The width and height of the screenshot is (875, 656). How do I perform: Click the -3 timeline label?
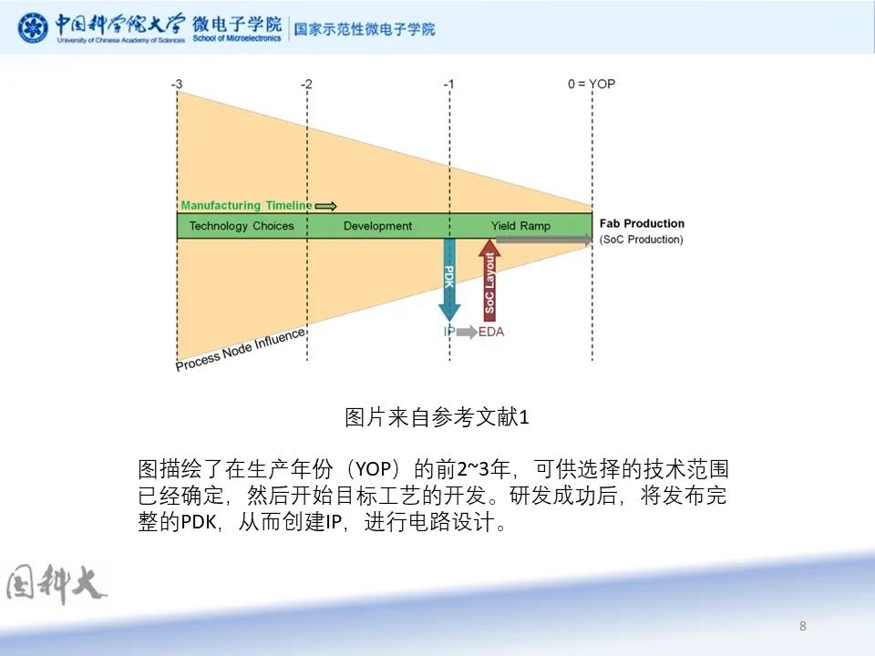pos(176,84)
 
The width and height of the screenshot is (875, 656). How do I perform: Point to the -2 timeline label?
pos(306,84)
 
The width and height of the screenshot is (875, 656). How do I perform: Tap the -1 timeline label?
pos(448,84)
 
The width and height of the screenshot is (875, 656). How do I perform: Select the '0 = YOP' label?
pos(592,84)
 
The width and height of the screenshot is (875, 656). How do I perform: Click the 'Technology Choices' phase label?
pos(242,226)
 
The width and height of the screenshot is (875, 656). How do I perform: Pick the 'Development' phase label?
pos(377,226)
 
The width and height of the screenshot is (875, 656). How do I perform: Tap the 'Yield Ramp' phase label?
pos(520,226)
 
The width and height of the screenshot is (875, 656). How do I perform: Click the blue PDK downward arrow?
pos(449,280)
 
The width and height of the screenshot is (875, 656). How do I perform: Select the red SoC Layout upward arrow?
pos(489,280)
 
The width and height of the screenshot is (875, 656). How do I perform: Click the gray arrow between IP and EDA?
pos(467,332)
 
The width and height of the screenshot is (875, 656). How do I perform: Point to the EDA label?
pos(491,332)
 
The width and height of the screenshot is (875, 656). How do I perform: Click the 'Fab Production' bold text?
pos(642,224)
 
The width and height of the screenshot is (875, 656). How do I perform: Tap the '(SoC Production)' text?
pos(641,240)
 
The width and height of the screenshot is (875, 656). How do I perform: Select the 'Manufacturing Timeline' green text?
pos(246,205)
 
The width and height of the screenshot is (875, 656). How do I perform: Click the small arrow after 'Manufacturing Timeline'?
pos(326,207)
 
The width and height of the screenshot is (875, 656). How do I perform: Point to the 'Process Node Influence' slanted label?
pos(241,350)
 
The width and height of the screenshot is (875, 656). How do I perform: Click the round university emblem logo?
pos(33,27)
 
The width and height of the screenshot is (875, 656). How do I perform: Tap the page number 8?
pos(802,626)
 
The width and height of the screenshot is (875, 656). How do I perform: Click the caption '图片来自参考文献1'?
pos(437,417)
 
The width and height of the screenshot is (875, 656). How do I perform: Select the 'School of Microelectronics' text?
pos(237,38)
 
